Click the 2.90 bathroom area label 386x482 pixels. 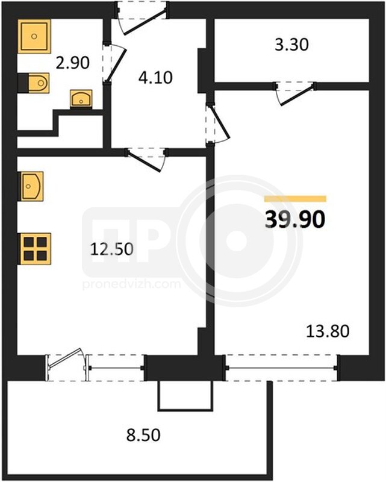pos(73,63)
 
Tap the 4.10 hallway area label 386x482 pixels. pos(155,78)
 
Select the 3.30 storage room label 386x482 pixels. pos(291,45)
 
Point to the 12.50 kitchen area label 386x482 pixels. pos(112,249)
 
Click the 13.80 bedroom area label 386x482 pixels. pos(328,331)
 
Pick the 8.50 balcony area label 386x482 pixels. pos(143,435)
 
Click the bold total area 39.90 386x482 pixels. pos(294,220)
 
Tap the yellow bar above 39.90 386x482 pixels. pos(295,199)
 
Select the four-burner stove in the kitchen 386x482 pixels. pos(36,249)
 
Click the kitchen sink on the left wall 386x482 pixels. pos(32,186)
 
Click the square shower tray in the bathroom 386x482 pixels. pos(34,36)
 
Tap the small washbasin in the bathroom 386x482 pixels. pos(81,99)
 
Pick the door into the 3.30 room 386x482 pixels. pos(295,93)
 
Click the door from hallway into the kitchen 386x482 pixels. pos(146,158)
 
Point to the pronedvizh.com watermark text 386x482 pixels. pos(131,284)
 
